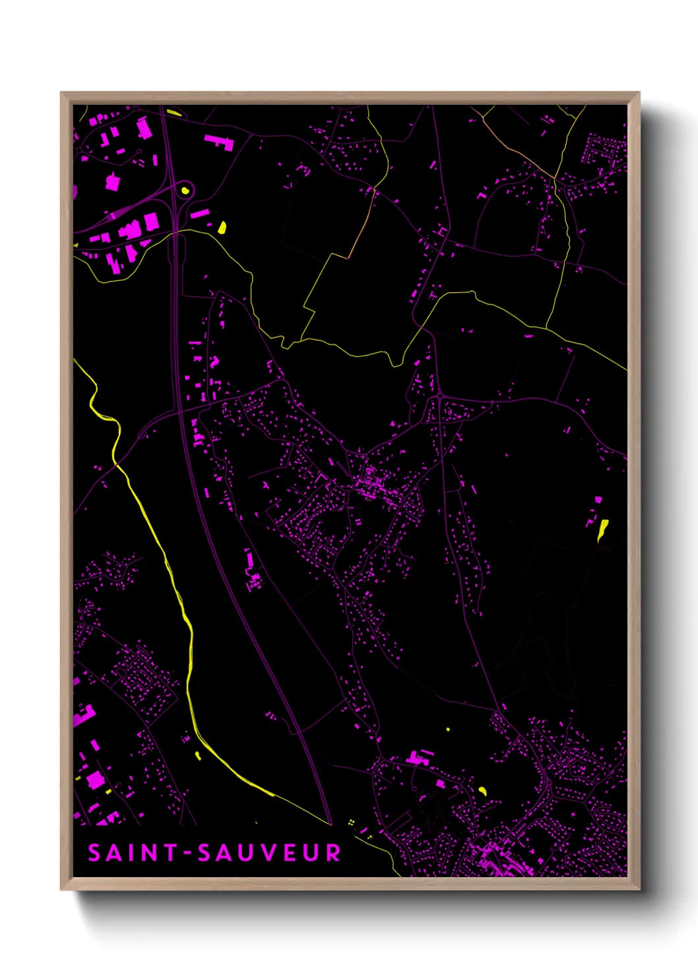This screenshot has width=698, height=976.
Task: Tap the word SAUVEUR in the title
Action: (269, 853)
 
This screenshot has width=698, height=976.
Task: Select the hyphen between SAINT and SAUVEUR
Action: (188, 853)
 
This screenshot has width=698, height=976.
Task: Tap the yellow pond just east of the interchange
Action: (222, 228)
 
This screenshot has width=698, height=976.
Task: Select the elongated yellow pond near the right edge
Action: (602, 530)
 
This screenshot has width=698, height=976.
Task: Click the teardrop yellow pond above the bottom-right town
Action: (482, 791)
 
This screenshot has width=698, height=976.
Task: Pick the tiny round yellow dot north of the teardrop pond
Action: (448, 729)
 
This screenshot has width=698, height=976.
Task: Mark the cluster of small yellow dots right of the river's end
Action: (351, 822)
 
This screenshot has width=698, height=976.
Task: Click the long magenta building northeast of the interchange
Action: (219, 141)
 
